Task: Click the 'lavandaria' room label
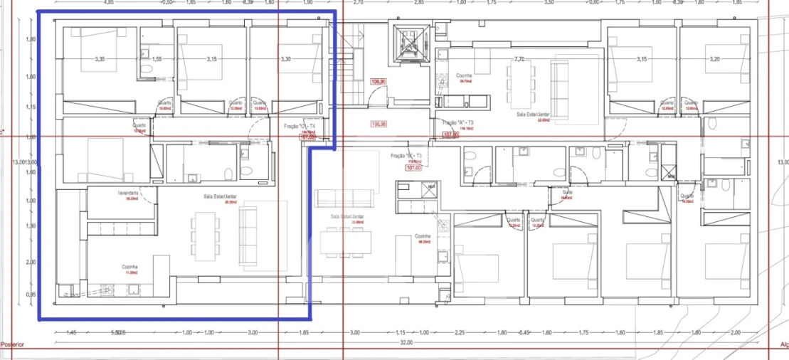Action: coord(129,193)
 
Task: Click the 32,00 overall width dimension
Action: coord(406,342)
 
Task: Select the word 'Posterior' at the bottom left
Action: coord(13,344)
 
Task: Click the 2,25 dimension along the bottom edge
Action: coord(460,332)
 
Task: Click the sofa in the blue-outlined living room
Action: coord(250,234)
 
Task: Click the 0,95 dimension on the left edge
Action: coord(31,294)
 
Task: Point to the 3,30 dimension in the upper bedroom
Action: coord(285,59)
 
